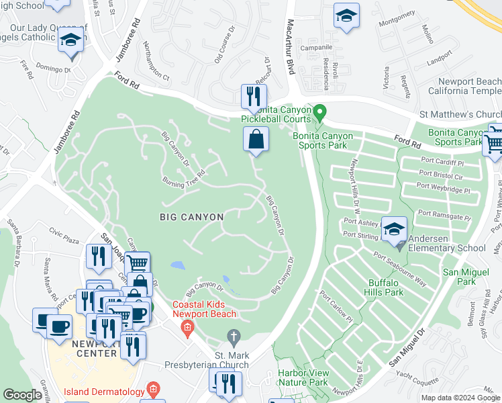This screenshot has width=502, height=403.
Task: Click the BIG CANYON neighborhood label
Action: [x=187, y=216]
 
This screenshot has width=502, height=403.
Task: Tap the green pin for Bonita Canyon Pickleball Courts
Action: [x=320, y=111]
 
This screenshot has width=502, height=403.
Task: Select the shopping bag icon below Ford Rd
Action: [x=256, y=140]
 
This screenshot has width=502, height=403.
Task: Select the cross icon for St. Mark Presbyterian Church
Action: [x=233, y=336]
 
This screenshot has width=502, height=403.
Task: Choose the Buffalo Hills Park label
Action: [x=385, y=287]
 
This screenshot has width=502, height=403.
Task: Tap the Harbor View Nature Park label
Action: [x=303, y=377]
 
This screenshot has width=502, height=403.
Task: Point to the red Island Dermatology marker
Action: [x=154, y=390]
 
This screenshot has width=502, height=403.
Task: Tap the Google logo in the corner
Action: [x=23, y=395]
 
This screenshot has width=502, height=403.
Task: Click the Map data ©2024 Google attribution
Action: [x=460, y=398]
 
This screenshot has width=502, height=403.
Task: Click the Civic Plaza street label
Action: [x=64, y=236]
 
